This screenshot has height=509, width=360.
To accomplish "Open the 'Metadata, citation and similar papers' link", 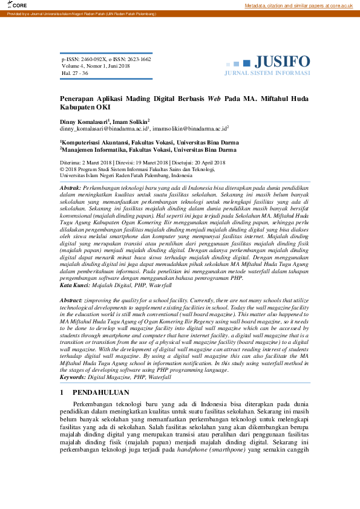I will point(298,5).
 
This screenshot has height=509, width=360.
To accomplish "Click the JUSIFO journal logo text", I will point(282,62).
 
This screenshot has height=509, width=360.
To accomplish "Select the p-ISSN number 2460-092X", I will point(95,60).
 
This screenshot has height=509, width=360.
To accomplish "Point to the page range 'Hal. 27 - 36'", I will point(74,73).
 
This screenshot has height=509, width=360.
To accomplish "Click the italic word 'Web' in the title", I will point(214,98).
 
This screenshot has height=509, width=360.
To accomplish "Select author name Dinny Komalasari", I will point(83,122).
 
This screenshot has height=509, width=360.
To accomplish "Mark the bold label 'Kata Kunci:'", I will point(74,285).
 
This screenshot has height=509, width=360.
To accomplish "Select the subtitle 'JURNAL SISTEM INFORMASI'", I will point(267,73).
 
